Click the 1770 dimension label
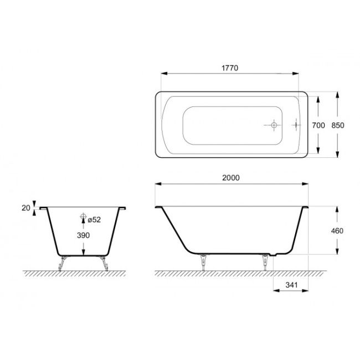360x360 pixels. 230,68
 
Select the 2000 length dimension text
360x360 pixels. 230,177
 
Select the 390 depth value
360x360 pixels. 83,235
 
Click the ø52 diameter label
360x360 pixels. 94,220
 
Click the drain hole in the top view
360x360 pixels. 273,126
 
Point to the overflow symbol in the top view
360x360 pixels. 296,126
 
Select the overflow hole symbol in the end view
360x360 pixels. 83,217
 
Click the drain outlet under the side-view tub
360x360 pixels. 272,256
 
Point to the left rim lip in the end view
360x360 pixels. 43,209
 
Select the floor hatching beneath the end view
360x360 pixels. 78,274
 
